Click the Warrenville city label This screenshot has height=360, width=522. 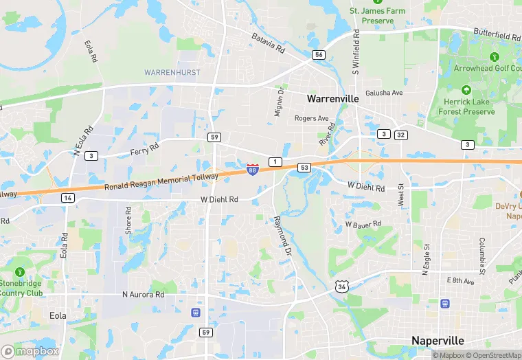(x=332, y=99)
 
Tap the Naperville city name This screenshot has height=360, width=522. (x=438, y=341)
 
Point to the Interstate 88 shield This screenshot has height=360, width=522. (x=253, y=168)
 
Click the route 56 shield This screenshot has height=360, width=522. (x=318, y=55)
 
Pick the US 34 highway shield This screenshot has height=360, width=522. (x=341, y=286)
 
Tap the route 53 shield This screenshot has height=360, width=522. (x=304, y=167)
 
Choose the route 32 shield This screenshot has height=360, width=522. (x=400, y=134)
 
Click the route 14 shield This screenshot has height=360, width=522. (x=67, y=198)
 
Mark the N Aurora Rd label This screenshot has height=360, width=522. (x=144, y=295)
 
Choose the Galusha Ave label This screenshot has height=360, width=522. (x=383, y=93)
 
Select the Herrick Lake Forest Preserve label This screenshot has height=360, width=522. (x=466, y=106)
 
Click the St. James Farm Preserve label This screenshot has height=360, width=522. (x=377, y=15)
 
